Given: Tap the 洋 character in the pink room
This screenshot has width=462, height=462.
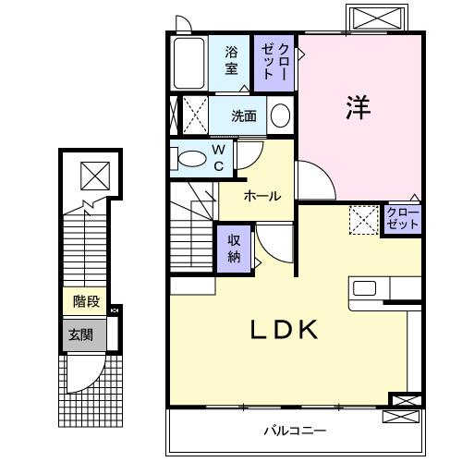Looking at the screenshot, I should coord(359,108).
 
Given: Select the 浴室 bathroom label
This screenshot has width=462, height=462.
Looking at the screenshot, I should coord(232,60).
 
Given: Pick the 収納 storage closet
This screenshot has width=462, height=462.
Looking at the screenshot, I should coord(235,247).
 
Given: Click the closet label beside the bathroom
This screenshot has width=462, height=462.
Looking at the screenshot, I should coord(275,61).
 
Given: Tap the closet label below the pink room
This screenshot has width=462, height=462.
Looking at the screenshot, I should coord(402,219).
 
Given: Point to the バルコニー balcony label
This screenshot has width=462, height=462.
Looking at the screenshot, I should coord(294,430).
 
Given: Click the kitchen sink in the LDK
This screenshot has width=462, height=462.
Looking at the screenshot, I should coord(364,288).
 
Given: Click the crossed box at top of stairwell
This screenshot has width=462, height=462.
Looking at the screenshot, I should coord(93,173).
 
